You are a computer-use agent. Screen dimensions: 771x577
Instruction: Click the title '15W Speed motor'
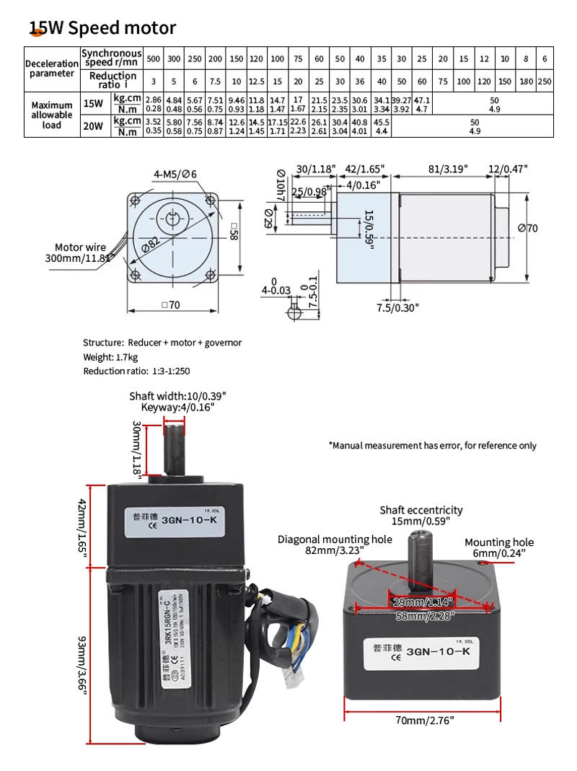(102, 28)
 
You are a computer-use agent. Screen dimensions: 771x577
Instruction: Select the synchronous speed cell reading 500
(153, 58)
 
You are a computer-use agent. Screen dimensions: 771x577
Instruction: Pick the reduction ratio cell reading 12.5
(256, 81)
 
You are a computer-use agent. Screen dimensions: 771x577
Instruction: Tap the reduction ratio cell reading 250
(545, 81)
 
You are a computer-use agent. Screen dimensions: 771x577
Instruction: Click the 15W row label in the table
(93, 103)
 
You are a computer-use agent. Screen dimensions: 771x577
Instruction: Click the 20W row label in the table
(93, 125)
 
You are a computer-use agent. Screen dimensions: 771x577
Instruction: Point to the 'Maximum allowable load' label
(52, 115)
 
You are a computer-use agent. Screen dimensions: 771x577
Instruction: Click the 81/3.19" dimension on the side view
(446, 169)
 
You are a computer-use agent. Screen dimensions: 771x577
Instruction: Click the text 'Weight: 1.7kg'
(110, 357)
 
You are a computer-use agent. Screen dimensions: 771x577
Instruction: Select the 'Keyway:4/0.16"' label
(177, 407)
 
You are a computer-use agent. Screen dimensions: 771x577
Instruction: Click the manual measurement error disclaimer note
(432, 445)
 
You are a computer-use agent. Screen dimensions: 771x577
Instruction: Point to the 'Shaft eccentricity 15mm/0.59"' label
(421, 515)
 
